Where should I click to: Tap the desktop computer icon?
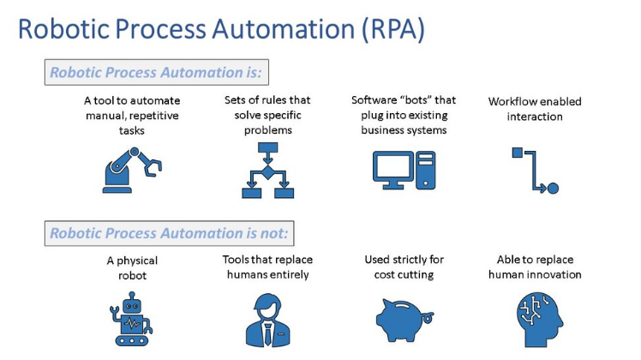[404, 170]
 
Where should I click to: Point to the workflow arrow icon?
[535, 170]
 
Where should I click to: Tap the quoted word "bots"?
[418, 99]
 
